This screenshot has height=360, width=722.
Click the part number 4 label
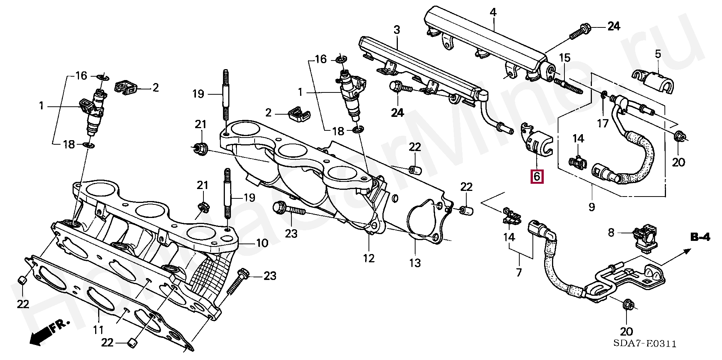493,12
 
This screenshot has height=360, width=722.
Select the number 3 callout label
397,29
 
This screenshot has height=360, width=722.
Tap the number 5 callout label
658,54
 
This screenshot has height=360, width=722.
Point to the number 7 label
519,272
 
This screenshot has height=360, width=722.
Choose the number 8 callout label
611,233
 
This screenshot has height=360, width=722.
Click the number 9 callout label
592,206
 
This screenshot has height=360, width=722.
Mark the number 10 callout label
262,243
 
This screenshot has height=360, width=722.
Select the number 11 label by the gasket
98,330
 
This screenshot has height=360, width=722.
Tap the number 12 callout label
369,258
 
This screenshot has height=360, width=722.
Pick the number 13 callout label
415,263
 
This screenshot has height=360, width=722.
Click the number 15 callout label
564,58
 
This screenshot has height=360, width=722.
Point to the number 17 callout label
602,123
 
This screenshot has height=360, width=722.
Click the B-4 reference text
700,237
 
